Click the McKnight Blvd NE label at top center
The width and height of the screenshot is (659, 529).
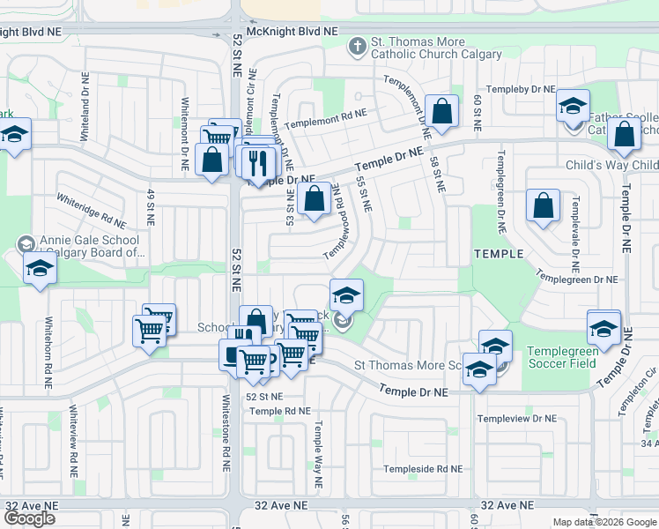[292, 31]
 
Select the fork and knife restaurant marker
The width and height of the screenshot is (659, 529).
[259, 161]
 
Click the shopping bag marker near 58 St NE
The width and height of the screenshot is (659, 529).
[442, 112]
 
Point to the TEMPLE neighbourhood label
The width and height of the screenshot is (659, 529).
[500, 253]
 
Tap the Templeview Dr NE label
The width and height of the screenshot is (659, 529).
[516, 418]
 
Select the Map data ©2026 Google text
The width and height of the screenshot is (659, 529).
[604, 522]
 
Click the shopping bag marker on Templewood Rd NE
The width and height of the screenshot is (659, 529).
[315, 199]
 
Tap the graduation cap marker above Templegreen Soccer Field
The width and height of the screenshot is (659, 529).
[603, 327]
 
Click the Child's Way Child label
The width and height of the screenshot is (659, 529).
[611, 165]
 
